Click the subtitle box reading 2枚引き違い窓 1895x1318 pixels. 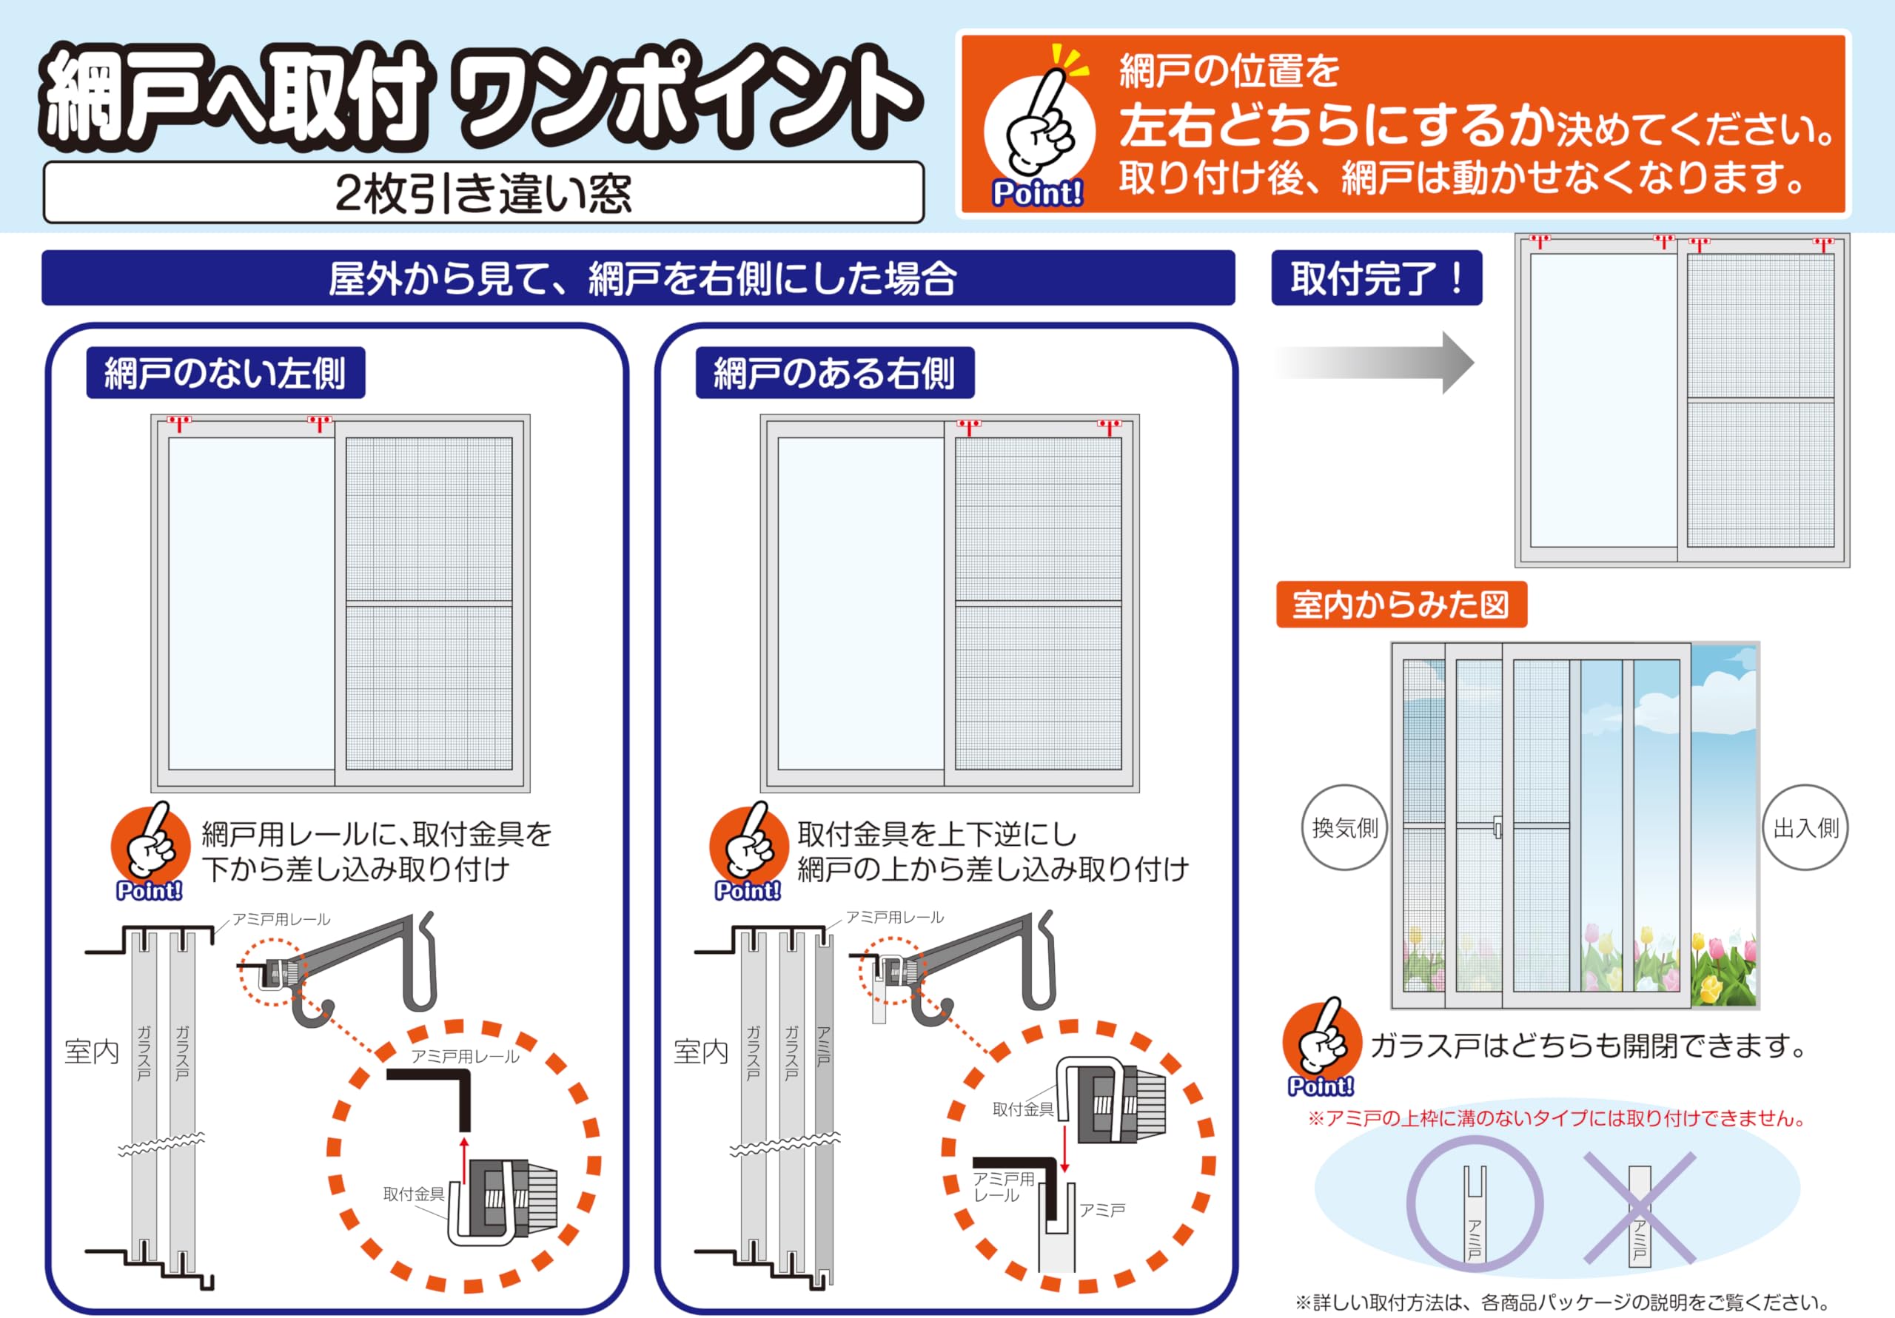click(x=483, y=192)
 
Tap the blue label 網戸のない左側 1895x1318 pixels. click(x=225, y=373)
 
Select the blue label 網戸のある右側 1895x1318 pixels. click(x=834, y=373)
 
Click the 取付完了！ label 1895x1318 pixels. click(x=1376, y=278)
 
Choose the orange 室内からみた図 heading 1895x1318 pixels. click(x=1401, y=605)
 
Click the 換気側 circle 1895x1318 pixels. click(x=1344, y=827)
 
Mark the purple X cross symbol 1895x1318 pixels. click(x=1639, y=1208)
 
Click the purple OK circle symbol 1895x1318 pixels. click(x=1474, y=1205)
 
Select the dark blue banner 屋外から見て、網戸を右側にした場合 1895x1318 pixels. click(x=638, y=278)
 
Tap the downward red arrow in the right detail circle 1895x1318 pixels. click(x=1064, y=1147)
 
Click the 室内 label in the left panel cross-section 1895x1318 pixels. click(x=92, y=1052)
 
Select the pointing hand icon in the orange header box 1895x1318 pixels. click(x=1039, y=124)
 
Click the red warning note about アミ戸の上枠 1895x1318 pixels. click(x=1557, y=1118)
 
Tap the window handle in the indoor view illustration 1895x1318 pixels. click(x=1498, y=827)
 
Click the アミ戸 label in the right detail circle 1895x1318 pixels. click(x=1102, y=1210)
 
